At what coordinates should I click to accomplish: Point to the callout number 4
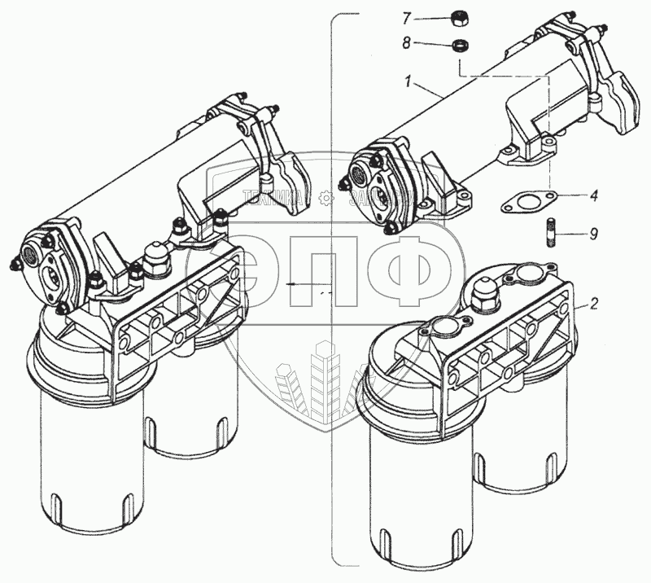click(594, 195)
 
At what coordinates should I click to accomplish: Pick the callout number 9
click(594, 234)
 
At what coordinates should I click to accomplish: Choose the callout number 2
click(594, 304)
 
